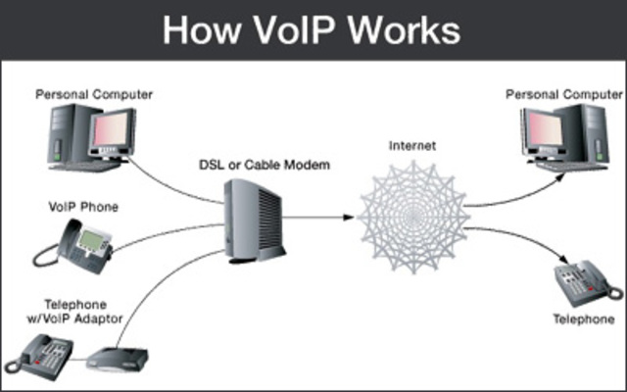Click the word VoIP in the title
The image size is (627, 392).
(x=290, y=29)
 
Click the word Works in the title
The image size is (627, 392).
(x=403, y=29)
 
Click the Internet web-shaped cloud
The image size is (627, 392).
(x=411, y=209)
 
